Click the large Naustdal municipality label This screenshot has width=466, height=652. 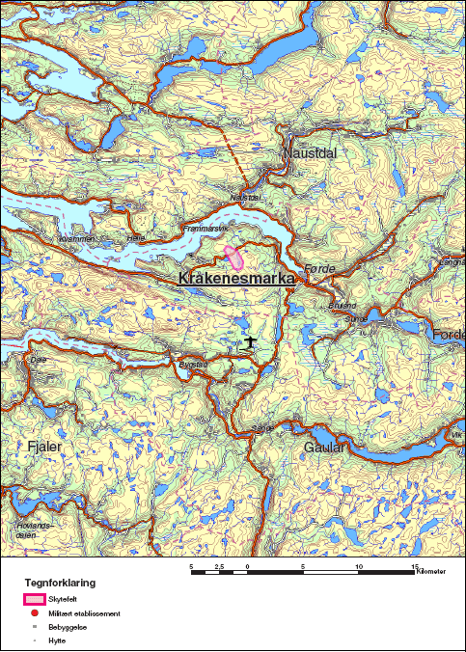[x=308, y=153]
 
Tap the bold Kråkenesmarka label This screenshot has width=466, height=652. [x=236, y=278]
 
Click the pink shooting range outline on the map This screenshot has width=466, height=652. [x=233, y=257]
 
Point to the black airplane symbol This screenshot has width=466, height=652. [x=250, y=341]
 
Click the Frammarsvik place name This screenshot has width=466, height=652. [x=203, y=229]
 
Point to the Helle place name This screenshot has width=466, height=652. [x=135, y=237]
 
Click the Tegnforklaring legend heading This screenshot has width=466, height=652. [x=60, y=584]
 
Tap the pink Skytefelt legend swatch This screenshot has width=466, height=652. [x=35, y=600]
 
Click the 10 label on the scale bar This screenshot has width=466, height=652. [x=360, y=566]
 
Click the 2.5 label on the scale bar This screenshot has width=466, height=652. [x=219, y=566]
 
